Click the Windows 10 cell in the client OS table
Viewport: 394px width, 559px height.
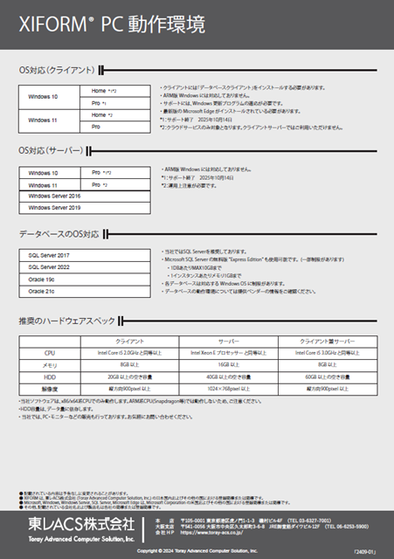point(43,97)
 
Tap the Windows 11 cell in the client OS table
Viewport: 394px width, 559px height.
point(43,120)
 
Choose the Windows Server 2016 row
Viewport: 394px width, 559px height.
point(54,197)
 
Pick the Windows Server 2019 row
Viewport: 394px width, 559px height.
point(54,208)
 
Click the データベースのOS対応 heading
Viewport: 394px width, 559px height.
point(59,235)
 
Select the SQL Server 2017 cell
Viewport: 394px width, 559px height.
point(49,255)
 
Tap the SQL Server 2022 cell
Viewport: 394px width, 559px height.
point(49,267)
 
